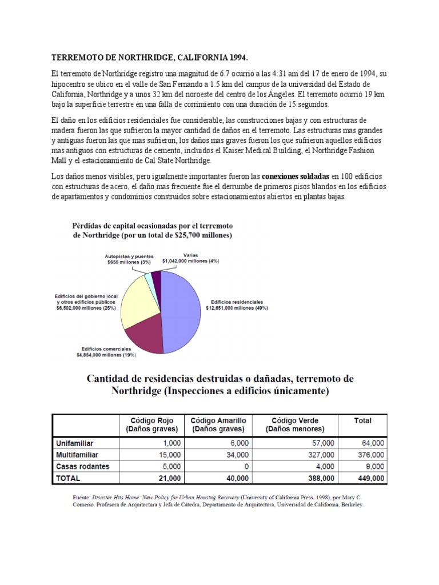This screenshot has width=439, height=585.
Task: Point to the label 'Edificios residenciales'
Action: tap(237, 301)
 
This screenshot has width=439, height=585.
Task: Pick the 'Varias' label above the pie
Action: tap(190, 255)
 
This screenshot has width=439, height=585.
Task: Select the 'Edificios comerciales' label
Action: tap(106, 348)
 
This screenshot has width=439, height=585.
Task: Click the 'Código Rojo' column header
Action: tap(150, 420)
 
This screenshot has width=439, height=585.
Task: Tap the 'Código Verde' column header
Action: tap(295, 420)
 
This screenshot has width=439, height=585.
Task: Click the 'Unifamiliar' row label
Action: tap(75, 443)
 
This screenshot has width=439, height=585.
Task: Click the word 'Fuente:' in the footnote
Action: tap(76, 497)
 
